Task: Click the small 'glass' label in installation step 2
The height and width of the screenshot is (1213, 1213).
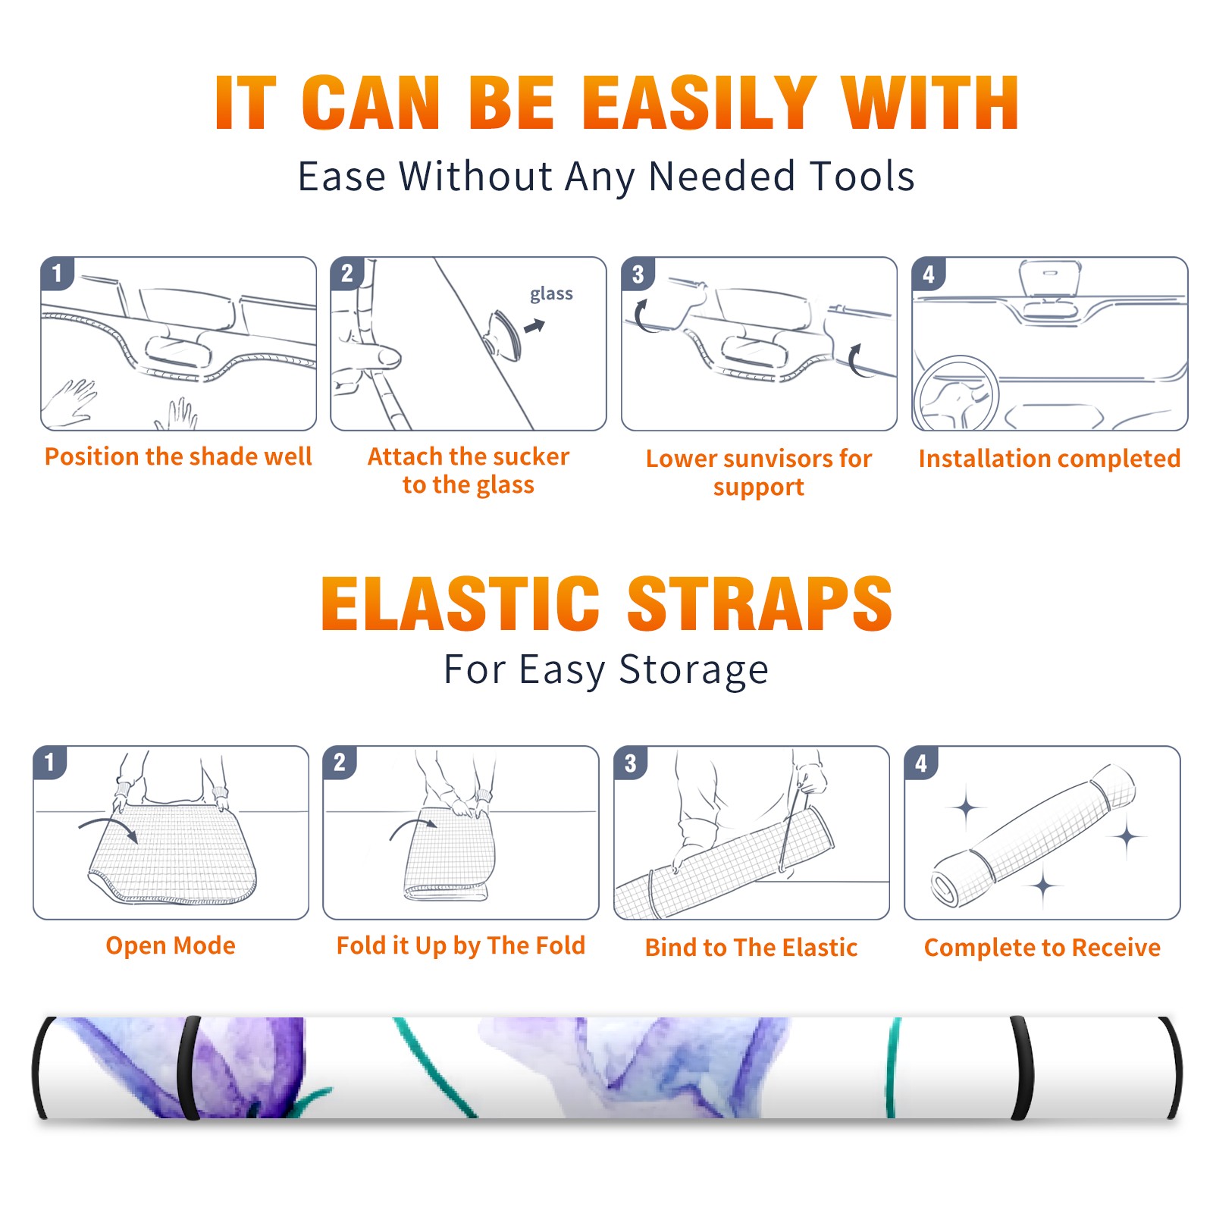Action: pyautogui.click(x=551, y=294)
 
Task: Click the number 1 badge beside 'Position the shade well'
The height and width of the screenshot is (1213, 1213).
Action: pyautogui.click(x=58, y=273)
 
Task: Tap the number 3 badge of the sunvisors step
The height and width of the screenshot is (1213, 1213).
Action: pyautogui.click(x=638, y=274)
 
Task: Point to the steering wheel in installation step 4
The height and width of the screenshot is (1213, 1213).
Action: pyautogui.click(x=955, y=393)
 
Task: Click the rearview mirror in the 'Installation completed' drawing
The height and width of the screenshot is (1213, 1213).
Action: pyautogui.click(x=1049, y=277)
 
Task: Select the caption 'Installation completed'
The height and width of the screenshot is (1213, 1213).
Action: pyautogui.click(x=1049, y=459)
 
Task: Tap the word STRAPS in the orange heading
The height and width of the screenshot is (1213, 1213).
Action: pyautogui.click(x=760, y=603)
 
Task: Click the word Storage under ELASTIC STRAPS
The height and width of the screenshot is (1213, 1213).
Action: pyautogui.click(x=694, y=670)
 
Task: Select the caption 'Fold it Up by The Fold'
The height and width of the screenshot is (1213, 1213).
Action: pyautogui.click(x=461, y=945)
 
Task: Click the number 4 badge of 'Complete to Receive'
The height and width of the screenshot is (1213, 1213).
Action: pyautogui.click(x=921, y=763)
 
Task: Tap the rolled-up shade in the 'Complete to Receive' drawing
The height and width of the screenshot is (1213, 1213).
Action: pyautogui.click(x=1033, y=835)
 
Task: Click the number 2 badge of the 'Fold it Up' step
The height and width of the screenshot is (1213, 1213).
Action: pyautogui.click(x=340, y=763)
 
